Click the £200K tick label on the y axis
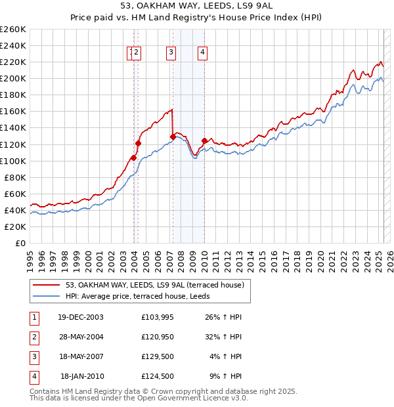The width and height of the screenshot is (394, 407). [x=13, y=78]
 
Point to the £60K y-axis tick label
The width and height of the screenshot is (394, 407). [x=15, y=194]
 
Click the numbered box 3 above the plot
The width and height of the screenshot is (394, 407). [x=171, y=53]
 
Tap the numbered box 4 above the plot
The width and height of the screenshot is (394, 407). [x=203, y=53]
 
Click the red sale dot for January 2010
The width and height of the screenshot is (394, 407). [x=204, y=140]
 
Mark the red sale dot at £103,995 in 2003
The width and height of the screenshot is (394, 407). [x=133, y=158]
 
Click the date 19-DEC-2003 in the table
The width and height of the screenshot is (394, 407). [x=80, y=317]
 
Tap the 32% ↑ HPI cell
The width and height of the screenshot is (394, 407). [x=223, y=337]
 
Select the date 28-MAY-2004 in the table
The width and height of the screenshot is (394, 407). [x=80, y=337]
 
